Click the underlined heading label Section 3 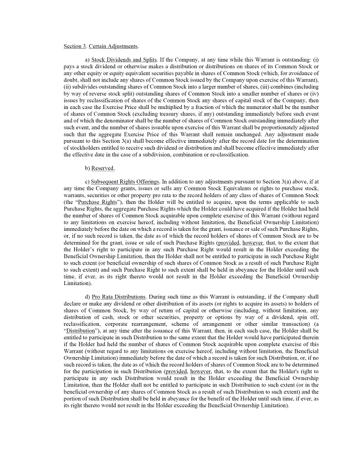pos(74,46)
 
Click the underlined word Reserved pos(103,168)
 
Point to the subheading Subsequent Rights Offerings pos(127,182)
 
